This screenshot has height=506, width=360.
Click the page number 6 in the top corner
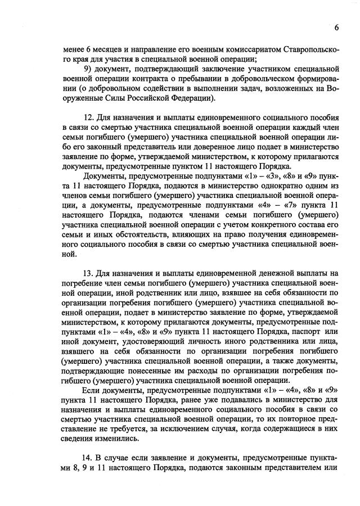click(336, 28)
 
